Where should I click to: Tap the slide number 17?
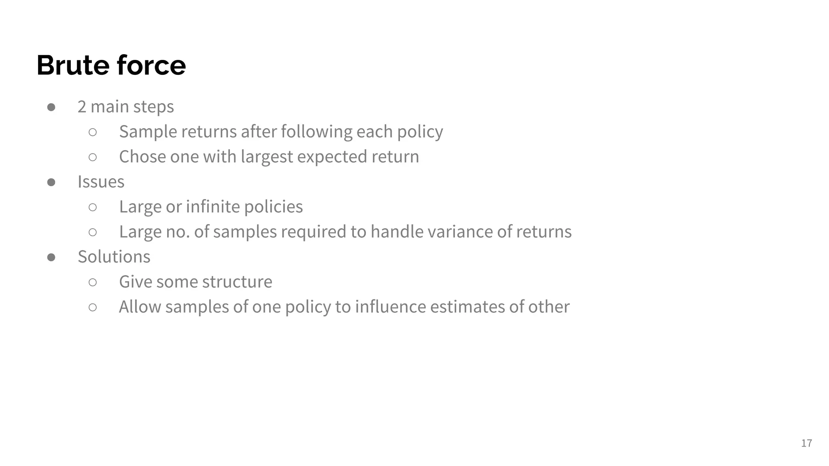click(806, 443)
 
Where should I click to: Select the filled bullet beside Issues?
click(51, 182)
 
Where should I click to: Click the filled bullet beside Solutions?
click(51, 257)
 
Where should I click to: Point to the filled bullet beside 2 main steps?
click(51, 107)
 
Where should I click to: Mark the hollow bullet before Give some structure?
click(93, 282)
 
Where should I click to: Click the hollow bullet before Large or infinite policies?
click(93, 207)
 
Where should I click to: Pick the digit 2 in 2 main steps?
click(82, 107)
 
